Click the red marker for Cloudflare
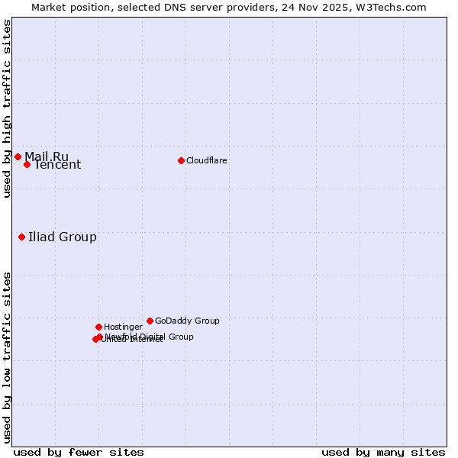[x=181, y=160]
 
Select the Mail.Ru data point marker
[x=18, y=156]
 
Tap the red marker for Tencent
[x=27, y=164]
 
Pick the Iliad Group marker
[x=21, y=237]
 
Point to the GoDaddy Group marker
[x=150, y=321]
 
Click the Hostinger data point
[x=98, y=327]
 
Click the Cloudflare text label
[x=207, y=160]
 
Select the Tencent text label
[x=57, y=165]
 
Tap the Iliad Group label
[x=63, y=237]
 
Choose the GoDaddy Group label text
[x=187, y=321]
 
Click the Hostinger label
[x=123, y=327]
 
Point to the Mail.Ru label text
[x=47, y=157]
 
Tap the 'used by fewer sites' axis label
[x=79, y=452]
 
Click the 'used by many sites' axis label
[x=383, y=452]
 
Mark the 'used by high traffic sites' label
[x=8, y=108]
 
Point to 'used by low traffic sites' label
[x=8, y=357]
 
